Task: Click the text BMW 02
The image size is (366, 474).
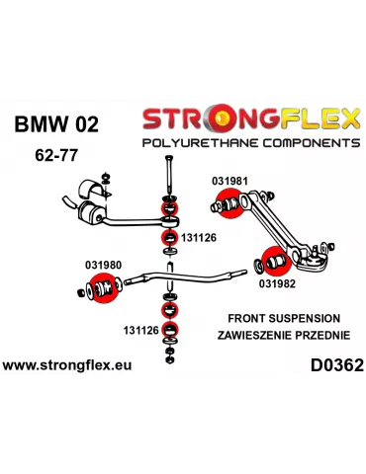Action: click(x=55, y=124)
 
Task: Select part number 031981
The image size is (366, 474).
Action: click(x=229, y=181)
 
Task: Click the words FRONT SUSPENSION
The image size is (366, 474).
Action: click(x=283, y=318)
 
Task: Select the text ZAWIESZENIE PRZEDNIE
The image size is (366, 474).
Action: click(x=283, y=336)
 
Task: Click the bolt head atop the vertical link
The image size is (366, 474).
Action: click(x=170, y=162)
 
